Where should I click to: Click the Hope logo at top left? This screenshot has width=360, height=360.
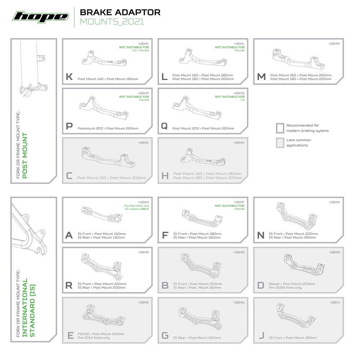tap(41, 17)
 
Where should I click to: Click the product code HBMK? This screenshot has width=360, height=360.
tap(144, 44)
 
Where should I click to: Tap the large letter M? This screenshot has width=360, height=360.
tap(261, 77)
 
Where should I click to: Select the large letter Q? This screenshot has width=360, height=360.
tap(165, 126)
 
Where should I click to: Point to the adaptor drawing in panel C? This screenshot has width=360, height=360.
tap(108, 157)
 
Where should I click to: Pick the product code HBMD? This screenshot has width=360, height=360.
tap(335, 252)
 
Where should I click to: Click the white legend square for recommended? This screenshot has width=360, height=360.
tap(280, 128)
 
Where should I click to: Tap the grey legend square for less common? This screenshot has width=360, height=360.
tap(280, 143)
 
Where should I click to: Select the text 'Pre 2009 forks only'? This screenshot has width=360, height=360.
tap(285, 288)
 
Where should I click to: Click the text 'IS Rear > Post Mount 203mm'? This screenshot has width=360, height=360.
tap(197, 338)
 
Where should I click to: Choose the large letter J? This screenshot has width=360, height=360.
tap(261, 336)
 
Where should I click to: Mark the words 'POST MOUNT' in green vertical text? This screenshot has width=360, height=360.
tap(25, 156)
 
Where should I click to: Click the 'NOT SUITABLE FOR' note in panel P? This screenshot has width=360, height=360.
tap(134, 97)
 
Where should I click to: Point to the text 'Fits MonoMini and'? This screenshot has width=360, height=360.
tap(136, 206)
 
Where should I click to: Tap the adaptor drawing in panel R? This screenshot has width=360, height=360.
tap(102, 266)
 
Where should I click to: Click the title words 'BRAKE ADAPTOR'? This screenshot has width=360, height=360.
tap(120, 12)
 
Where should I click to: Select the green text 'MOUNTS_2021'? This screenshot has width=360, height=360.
tap(112, 22)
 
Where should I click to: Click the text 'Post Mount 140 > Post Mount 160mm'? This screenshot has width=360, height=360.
tap(108, 79)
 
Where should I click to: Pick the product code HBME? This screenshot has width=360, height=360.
tap(144, 303)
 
